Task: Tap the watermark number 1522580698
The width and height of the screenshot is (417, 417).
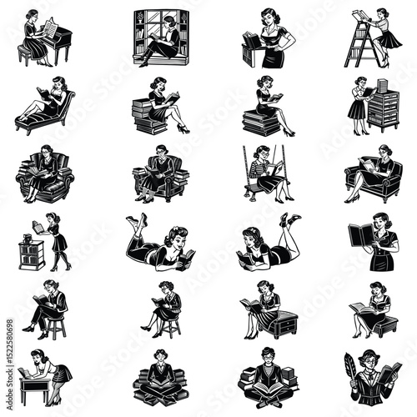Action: pos(8,325)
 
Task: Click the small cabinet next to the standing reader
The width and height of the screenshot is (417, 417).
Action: pos(31,254)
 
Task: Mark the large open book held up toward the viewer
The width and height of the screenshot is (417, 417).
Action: pos(360,236)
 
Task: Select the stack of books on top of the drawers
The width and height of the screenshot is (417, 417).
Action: pos(384,85)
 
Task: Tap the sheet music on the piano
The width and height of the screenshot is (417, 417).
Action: pos(49,28)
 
